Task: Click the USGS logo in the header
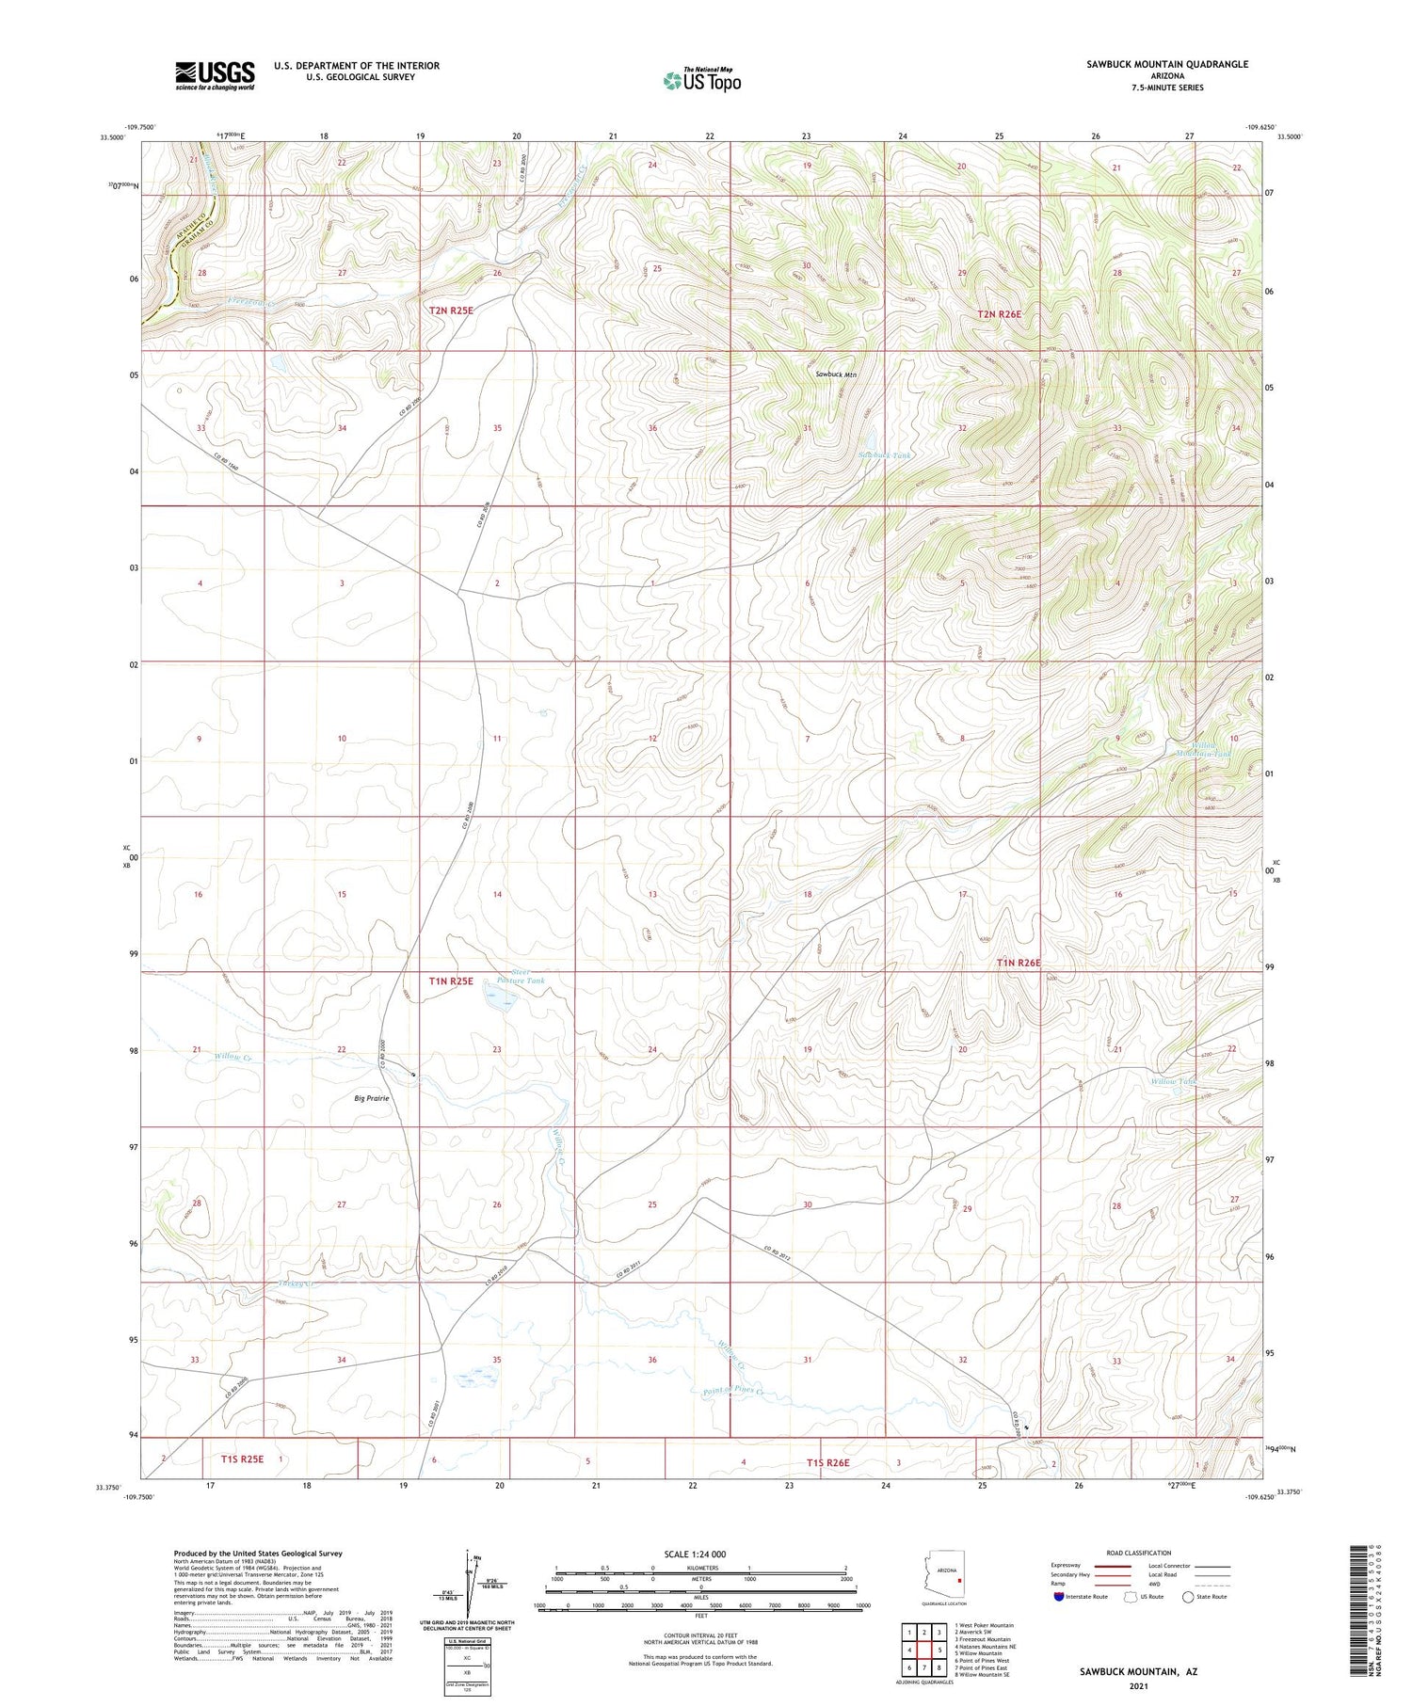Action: click(215, 75)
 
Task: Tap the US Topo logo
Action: click(702, 81)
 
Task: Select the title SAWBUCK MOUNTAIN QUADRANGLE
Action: click(1166, 64)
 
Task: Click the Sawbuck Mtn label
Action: click(836, 375)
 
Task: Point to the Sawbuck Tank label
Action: click(885, 455)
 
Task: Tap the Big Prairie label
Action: click(372, 1098)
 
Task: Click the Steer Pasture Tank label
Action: click(515, 976)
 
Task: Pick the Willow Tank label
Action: click(1173, 1081)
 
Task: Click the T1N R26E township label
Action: click(1019, 963)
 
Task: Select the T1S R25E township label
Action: click(242, 1459)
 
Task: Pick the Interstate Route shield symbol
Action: click(1059, 1597)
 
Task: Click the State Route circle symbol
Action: click(1188, 1597)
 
